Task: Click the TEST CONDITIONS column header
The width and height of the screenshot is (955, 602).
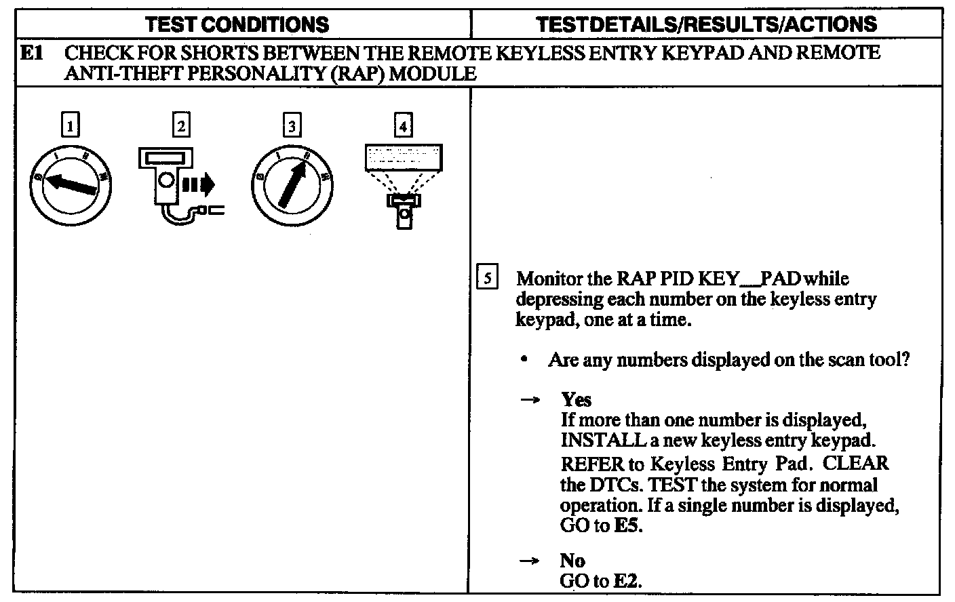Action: click(x=237, y=25)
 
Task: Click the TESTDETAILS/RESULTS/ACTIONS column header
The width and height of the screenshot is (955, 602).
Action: click(x=706, y=25)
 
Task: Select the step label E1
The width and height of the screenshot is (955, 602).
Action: click(x=32, y=53)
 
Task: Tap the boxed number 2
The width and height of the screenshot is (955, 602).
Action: click(x=181, y=125)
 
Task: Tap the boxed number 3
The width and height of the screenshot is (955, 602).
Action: click(x=292, y=125)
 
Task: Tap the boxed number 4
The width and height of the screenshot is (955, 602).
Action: click(x=403, y=125)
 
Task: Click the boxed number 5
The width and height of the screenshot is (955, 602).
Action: click(x=487, y=279)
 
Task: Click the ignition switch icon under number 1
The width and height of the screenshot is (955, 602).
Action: click(x=70, y=184)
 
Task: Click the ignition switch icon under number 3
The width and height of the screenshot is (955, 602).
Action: click(x=292, y=184)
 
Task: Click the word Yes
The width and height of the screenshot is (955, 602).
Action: click(x=576, y=399)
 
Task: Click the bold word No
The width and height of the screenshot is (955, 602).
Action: click(x=572, y=560)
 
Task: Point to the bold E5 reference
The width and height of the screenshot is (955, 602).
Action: click(x=627, y=525)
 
